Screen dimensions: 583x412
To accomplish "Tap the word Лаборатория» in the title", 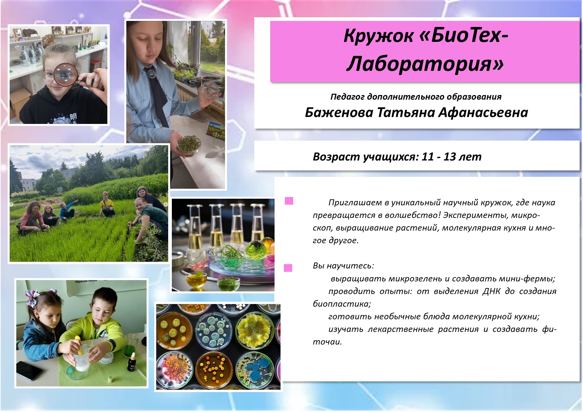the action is [425, 63].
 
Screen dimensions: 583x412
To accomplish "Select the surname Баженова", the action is [340, 113].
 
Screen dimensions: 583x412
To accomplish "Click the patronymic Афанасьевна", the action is [483, 113].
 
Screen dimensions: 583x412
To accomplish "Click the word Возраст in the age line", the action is [336, 157].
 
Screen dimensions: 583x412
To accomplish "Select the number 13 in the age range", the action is [449, 156].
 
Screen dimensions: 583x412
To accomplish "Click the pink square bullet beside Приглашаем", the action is [289, 201].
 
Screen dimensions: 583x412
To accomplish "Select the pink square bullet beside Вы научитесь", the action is [288, 268].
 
